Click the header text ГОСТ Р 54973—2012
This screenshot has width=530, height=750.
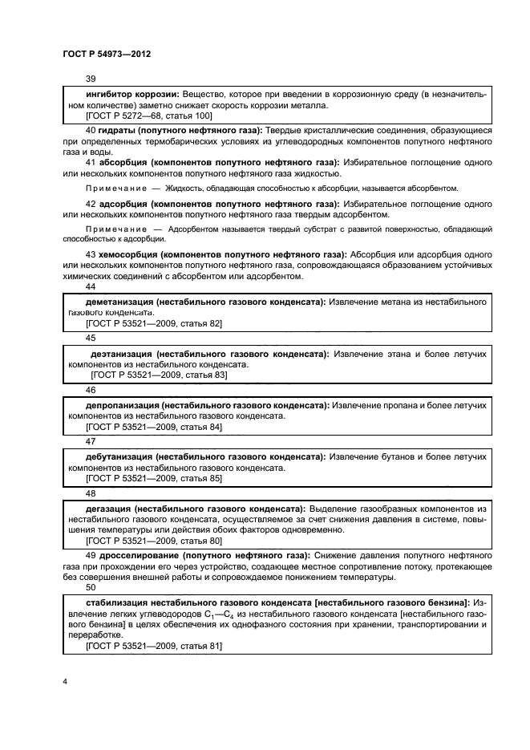[106, 53]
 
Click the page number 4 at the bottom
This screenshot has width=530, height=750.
[64, 682]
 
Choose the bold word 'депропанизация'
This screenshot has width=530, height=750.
[116, 405]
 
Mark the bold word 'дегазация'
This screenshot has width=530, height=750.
[108, 509]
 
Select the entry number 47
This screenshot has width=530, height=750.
[90, 441]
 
